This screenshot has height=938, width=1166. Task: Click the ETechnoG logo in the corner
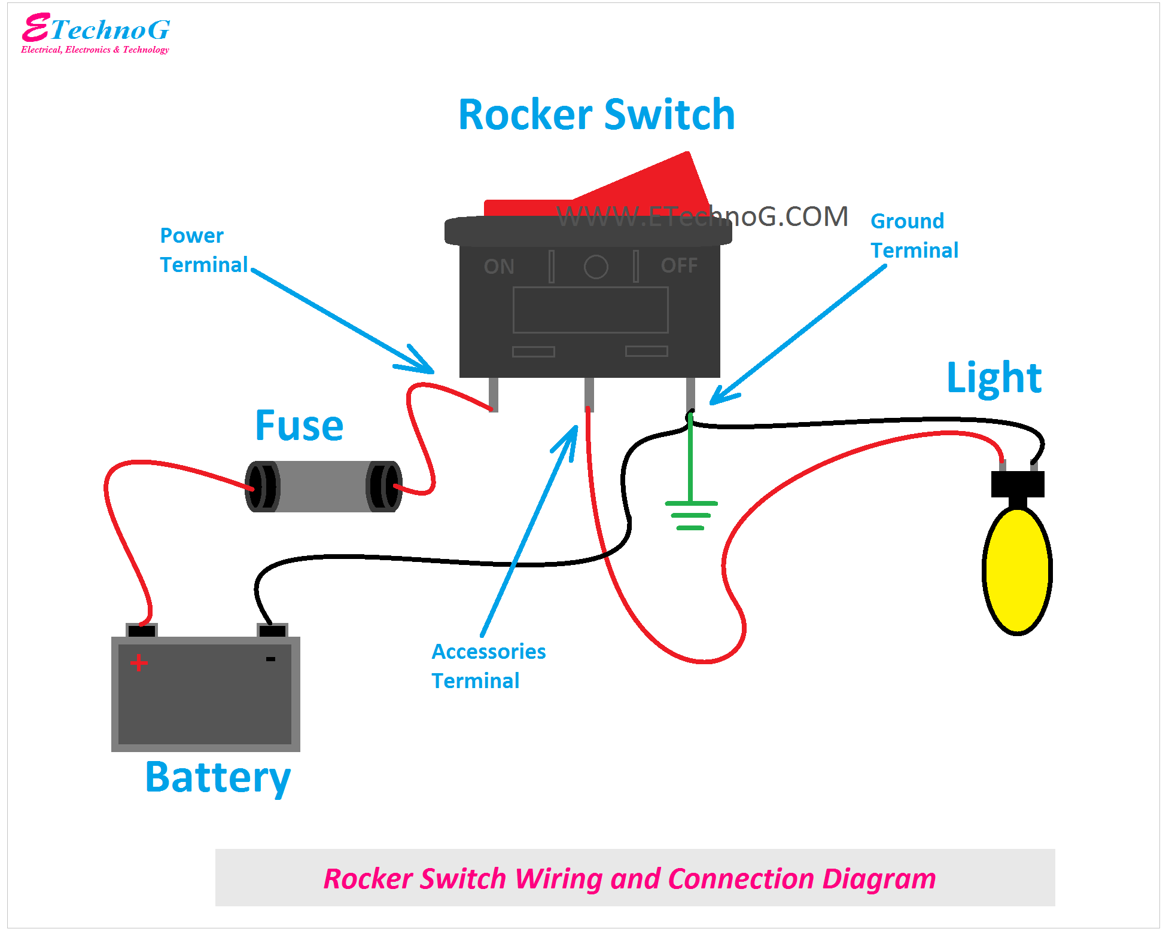click(x=96, y=33)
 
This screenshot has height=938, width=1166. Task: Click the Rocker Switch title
click(x=596, y=114)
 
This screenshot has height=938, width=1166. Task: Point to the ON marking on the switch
click(x=499, y=267)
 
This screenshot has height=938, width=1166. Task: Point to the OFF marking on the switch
click(x=679, y=265)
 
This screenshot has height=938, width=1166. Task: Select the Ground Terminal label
click(x=914, y=236)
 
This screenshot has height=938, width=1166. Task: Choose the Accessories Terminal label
click(x=488, y=666)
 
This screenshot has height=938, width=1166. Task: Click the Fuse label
click(x=299, y=426)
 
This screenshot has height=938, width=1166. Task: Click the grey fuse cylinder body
click(x=323, y=486)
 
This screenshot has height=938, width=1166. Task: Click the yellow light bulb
click(x=1017, y=571)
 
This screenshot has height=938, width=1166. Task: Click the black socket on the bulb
click(x=1017, y=484)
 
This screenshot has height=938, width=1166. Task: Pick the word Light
click(x=994, y=378)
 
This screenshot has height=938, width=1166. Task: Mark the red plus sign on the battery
click(x=139, y=662)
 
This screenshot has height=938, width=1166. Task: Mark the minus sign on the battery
click(x=270, y=659)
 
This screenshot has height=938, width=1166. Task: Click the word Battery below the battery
click(x=218, y=777)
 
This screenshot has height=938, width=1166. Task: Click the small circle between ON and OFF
click(x=596, y=267)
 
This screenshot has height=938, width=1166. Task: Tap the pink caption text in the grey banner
click(x=629, y=878)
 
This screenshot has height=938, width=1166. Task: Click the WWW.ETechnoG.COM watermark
click(x=702, y=216)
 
